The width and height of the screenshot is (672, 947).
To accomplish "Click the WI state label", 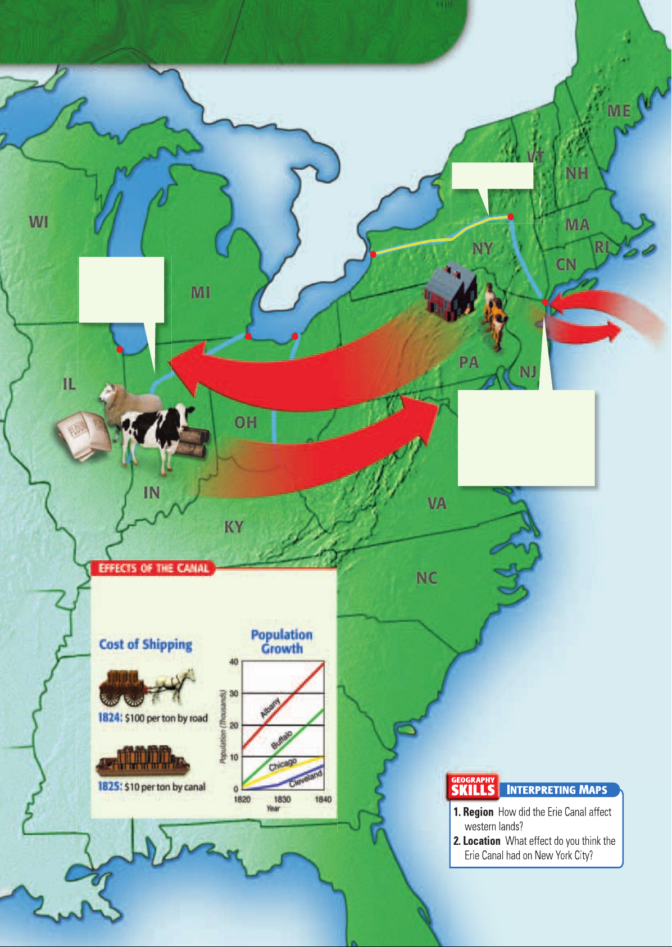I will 39,222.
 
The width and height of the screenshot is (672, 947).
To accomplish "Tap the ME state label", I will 619,111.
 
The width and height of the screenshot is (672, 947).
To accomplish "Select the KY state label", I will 234,527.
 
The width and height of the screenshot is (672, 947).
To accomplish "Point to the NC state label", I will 426,578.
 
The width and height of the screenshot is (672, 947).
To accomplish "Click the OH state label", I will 246,422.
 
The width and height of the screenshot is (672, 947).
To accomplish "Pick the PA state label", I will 469,362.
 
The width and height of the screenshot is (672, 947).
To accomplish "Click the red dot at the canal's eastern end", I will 511,217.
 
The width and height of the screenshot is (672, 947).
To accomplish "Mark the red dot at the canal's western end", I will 373,254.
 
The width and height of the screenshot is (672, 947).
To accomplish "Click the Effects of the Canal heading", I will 153,568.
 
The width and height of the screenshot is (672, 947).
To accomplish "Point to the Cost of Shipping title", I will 146,644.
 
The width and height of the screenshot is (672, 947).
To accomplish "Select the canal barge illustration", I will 143,761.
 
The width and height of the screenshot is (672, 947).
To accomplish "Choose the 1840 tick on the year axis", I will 323,799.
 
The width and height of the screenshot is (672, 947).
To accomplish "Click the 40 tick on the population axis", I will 234,662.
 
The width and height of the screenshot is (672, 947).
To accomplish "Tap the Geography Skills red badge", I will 473,786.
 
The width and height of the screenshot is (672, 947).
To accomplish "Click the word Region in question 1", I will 478,812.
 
